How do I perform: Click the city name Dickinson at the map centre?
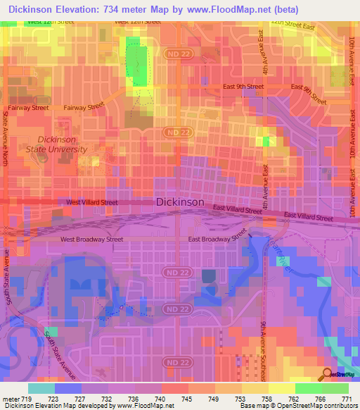(x=180, y=201)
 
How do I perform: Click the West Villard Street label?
(x=92, y=202)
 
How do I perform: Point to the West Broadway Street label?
(x=91, y=240)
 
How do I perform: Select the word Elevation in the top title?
(x=89, y=9)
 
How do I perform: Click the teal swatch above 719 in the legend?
(x=41, y=388)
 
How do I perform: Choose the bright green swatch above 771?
(x=335, y=388)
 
